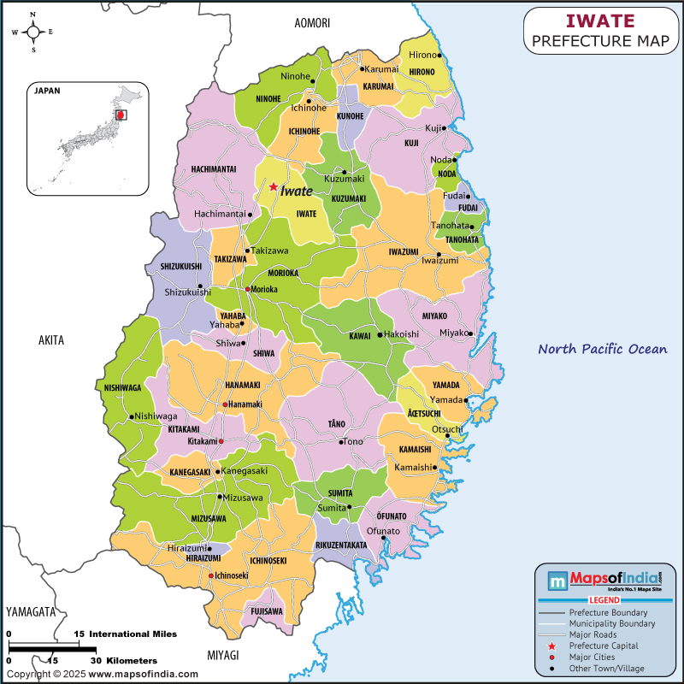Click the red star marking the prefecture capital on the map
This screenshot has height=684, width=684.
click(273, 186)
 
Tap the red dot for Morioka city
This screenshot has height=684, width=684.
click(247, 289)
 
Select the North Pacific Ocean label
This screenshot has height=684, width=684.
click(602, 349)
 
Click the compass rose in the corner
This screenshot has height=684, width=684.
click(33, 32)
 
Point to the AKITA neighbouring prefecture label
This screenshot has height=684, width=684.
click(51, 340)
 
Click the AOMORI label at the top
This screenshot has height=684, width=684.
click(311, 23)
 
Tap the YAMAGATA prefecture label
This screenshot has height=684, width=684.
click(30, 612)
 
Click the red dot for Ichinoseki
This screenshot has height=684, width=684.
click(211, 575)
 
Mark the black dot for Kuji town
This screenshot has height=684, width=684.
click(445, 128)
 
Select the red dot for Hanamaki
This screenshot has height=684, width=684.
click(225, 404)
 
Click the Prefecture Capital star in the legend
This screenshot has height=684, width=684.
click(552, 646)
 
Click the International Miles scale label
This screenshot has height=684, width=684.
click(133, 634)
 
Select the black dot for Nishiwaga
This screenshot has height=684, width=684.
click(132, 416)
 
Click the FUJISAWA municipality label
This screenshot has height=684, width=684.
click(266, 611)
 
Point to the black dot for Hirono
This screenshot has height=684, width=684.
click(439, 56)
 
